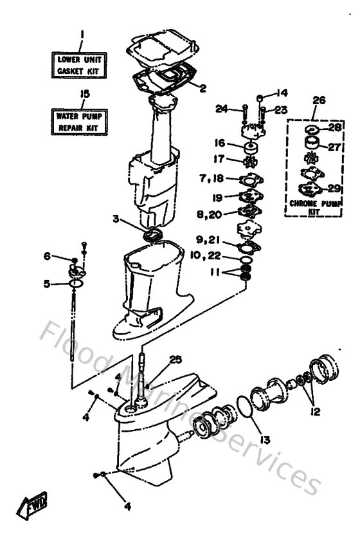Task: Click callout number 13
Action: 265,441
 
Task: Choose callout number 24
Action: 221,109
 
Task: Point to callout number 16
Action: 220,143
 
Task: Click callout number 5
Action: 46,282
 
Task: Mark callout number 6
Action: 46,257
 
